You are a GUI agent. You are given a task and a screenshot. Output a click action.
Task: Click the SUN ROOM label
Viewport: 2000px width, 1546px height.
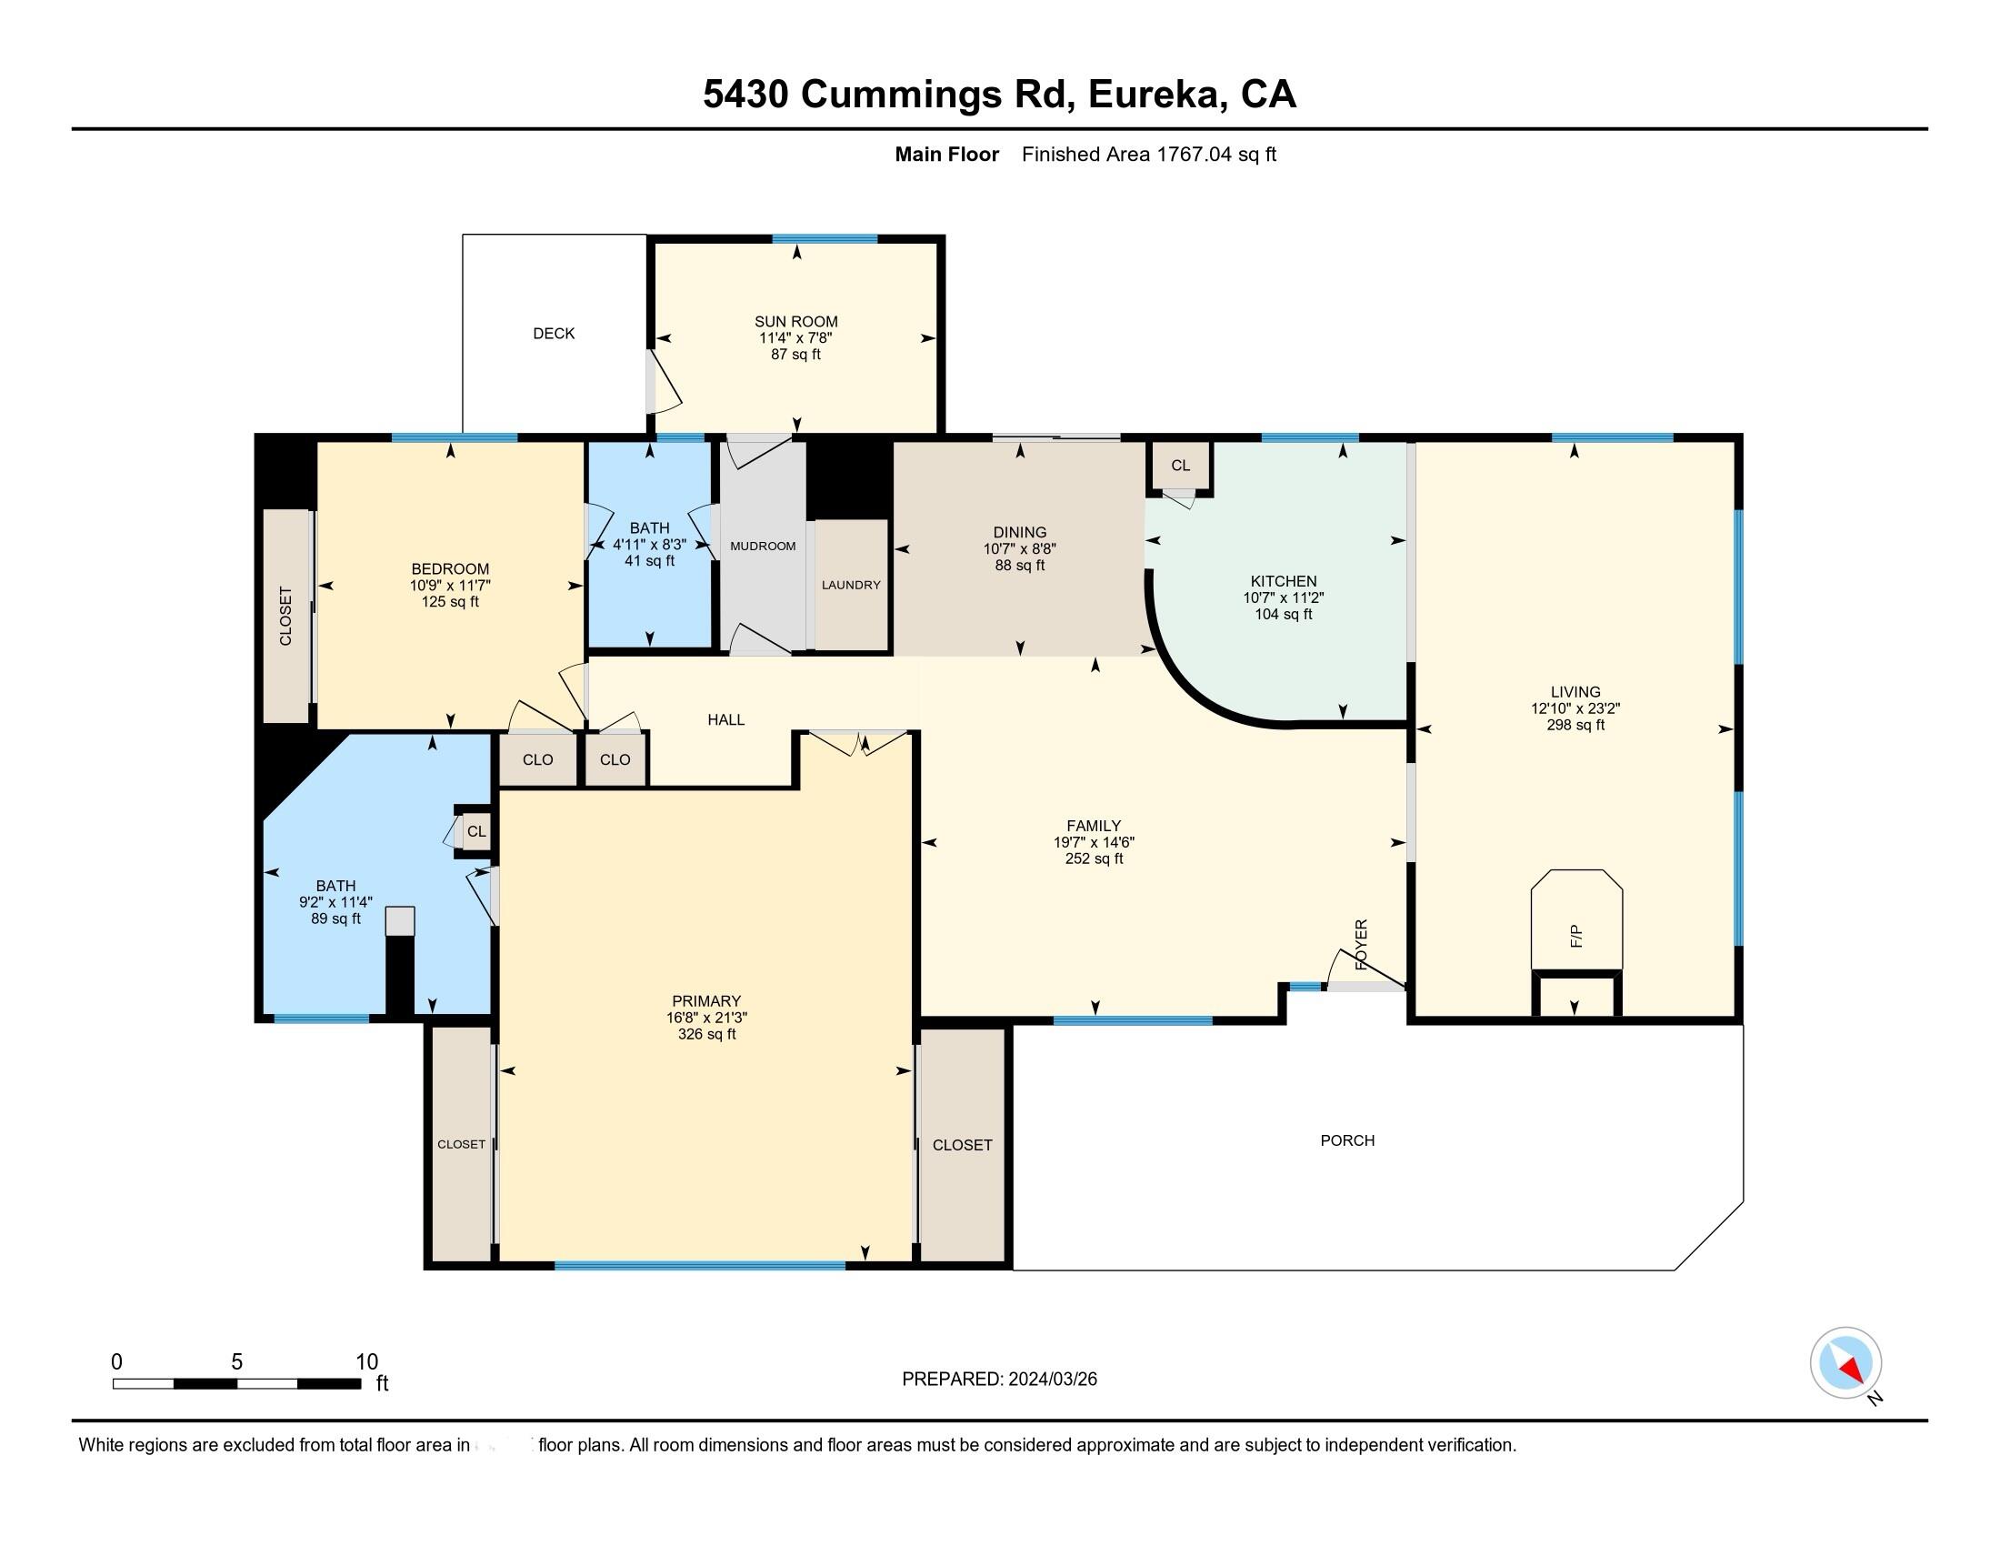point(795,321)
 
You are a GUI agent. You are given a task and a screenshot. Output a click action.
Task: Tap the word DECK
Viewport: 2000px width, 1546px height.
point(554,334)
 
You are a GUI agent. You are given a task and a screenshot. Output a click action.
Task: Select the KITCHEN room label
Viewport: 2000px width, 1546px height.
point(1284,581)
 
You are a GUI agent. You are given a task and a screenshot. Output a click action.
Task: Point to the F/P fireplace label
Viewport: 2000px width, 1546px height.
point(1576,936)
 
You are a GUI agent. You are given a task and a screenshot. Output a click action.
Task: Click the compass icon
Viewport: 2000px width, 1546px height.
point(1845,1363)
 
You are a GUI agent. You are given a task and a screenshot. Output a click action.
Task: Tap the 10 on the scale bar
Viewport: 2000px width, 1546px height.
point(366,1362)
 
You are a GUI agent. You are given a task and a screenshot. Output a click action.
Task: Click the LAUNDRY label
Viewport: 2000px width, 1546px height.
point(851,585)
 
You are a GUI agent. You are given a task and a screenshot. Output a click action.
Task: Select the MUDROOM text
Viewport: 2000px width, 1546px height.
point(763,546)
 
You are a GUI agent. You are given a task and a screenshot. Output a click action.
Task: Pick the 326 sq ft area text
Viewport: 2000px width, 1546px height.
point(706,1034)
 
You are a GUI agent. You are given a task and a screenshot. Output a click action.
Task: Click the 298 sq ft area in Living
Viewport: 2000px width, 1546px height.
point(1575,725)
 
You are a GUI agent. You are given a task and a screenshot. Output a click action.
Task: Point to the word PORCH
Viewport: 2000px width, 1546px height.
point(1347,1140)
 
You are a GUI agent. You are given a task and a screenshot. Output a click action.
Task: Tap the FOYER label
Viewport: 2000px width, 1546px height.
point(1361,944)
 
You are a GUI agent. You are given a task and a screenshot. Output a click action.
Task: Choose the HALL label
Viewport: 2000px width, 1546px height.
point(725,720)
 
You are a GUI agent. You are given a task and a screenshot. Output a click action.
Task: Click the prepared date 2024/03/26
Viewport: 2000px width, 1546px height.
point(1052,1380)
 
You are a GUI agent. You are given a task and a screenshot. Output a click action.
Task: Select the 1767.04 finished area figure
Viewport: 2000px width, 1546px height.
point(1195,154)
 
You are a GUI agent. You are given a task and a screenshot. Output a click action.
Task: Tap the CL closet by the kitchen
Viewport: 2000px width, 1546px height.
point(1180,466)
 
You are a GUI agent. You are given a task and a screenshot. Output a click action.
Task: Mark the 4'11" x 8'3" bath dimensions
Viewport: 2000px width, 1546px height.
point(649,544)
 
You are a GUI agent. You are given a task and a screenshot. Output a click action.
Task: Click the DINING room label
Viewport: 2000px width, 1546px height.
point(1019,532)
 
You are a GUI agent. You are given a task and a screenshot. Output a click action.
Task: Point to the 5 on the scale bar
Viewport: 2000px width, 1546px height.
point(236,1362)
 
